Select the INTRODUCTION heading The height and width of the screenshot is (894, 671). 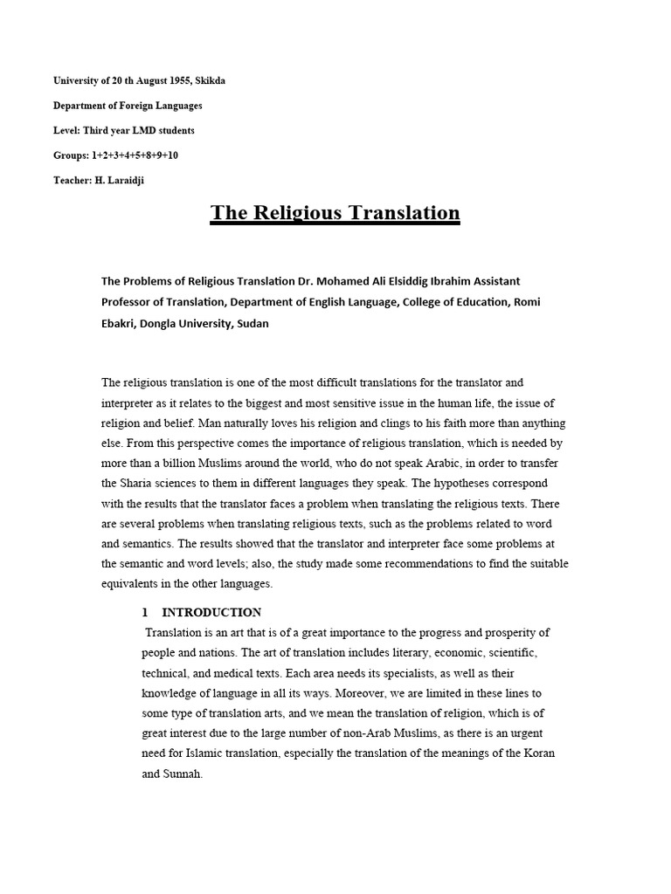tap(211, 612)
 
